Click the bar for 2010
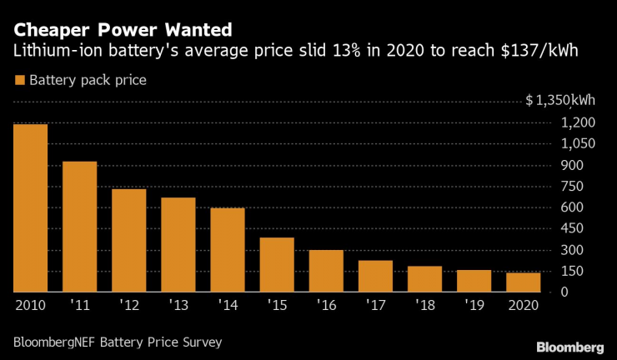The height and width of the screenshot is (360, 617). (x=30, y=208)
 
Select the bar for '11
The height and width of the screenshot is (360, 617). (x=79, y=227)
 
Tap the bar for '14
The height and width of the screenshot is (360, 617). (x=228, y=250)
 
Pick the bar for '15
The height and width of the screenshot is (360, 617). (x=277, y=265)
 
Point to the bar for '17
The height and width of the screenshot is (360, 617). (x=375, y=276)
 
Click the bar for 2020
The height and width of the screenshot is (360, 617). (x=523, y=282)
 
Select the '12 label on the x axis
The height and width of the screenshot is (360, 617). (x=128, y=305)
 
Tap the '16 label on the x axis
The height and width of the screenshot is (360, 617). (x=326, y=305)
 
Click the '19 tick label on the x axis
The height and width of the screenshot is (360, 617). (x=474, y=305)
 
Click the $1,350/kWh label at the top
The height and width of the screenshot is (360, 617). (x=560, y=101)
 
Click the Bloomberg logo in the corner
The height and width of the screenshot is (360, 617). (x=570, y=345)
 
